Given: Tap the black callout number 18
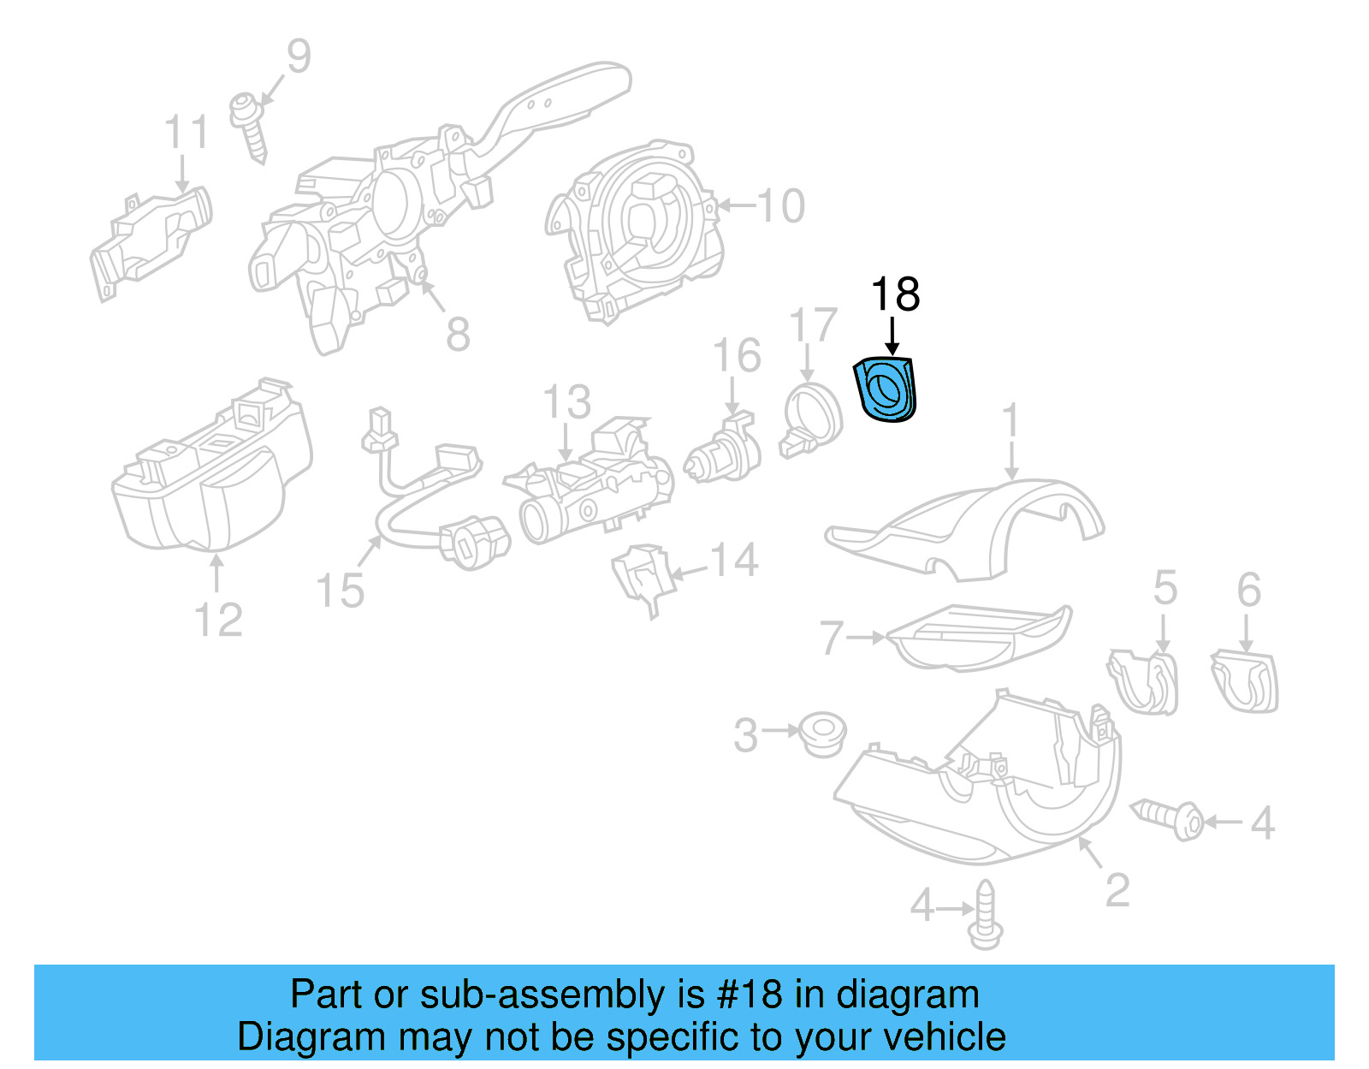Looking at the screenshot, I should [895, 294].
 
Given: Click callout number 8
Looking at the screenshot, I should [458, 334].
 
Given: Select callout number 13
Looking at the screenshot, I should [566, 401].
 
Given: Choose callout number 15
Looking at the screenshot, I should [340, 591].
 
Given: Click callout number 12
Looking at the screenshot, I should [218, 620].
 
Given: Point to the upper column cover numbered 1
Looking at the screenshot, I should [967, 526].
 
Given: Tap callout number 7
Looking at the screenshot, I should [832, 638].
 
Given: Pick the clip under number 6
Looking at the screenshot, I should [1245, 681].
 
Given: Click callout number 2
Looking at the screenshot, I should [1117, 890].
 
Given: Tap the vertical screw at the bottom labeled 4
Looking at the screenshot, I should [986, 915].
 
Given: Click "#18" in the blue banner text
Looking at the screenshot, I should [750, 995].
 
